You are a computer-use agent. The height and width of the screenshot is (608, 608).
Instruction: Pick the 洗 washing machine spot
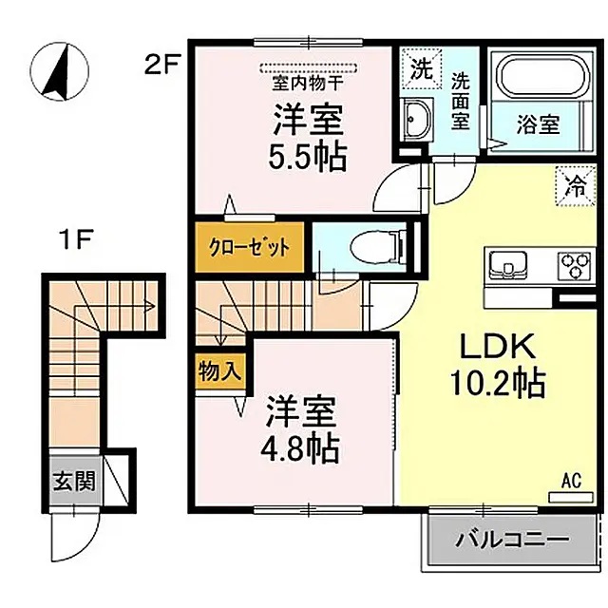point(418,67)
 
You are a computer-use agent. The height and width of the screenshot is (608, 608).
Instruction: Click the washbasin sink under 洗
point(416,119)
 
